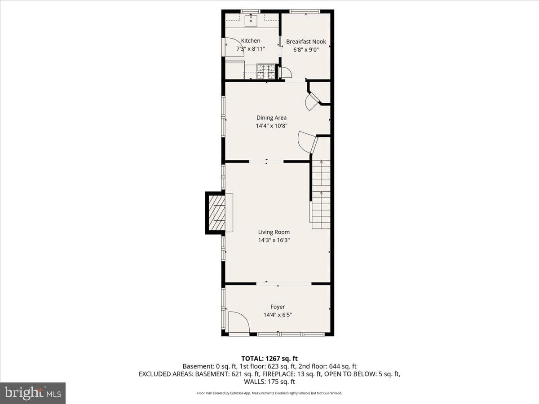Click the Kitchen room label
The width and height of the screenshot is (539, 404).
tap(251, 41)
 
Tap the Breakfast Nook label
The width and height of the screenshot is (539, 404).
tap(306, 41)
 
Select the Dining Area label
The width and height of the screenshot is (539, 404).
tap(271, 118)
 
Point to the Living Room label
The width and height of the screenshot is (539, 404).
tap(274, 232)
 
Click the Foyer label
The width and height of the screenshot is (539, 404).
tap(278, 307)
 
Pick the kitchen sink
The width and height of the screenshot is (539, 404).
tap(251, 21)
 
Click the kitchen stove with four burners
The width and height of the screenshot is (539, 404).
tap(266, 71)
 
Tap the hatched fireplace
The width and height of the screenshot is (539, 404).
tap(216, 213)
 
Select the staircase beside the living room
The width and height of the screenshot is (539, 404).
tap(321, 194)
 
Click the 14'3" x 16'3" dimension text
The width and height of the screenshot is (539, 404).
tap(274, 240)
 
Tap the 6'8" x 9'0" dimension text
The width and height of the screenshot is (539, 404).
tap(306, 50)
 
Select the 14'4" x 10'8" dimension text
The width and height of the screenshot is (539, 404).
tap(271, 126)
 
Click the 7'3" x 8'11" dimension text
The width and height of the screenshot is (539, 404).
tap(251, 49)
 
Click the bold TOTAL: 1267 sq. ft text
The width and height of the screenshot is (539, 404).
tap(269, 359)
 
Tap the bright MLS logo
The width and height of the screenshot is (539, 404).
tap(33, 393)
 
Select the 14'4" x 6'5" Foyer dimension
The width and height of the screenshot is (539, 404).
tap(278, 315)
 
